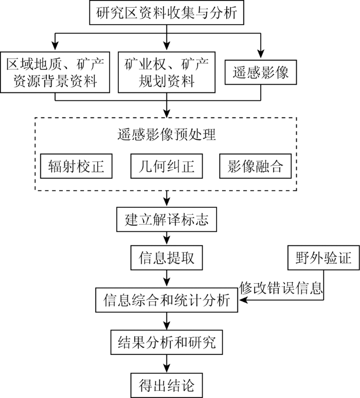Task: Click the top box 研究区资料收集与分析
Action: (167, 12)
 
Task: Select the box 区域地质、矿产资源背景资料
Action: (55, 73)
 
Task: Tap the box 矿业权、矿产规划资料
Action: (167, 73)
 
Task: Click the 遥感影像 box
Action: (261, 72)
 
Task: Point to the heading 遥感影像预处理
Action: (167, 134)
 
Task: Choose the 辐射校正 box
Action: (76, 166)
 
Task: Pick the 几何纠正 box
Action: (167, 166)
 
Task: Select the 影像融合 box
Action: (256, 166)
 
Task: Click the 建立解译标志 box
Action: (167, 219)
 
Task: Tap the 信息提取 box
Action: (167, 258)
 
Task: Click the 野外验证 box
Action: (323, 258)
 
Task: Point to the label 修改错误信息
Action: (281, 287)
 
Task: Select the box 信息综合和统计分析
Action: (167, 300)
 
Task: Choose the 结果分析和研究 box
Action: (167, 342)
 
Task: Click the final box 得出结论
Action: (167, 385)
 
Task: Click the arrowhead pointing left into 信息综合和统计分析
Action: (242, 300)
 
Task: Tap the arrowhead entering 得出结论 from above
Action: (167, 369)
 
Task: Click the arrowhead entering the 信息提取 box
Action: (167, 241)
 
